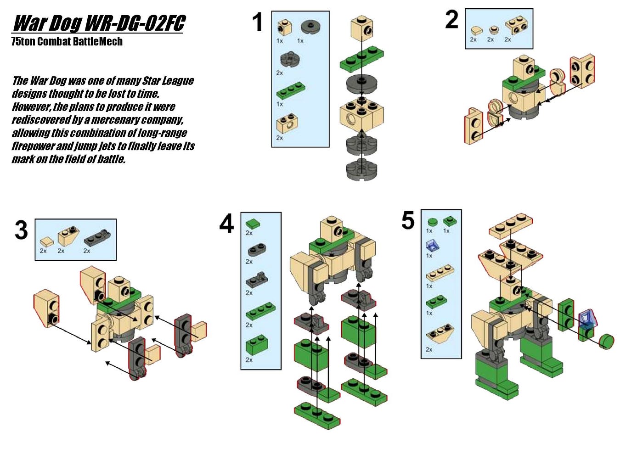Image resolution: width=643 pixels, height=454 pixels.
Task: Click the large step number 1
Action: [x=258, y=22]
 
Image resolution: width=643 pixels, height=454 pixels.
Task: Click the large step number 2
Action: [x=452, y=19]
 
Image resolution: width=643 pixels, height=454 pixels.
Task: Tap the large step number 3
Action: [x=21, y=230]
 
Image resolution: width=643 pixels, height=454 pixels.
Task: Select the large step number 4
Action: [x=226, y=223]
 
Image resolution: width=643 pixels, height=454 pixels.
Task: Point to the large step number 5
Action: [x=408, y=220]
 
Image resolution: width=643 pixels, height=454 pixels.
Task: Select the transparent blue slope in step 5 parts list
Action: [x=433, y=246]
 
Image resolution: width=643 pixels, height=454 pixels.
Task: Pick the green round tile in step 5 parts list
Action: [x=432, y=222]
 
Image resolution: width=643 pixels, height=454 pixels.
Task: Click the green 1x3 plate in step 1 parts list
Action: [x=291, y=91]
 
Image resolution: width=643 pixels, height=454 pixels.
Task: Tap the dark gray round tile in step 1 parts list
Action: [x=311, y=27]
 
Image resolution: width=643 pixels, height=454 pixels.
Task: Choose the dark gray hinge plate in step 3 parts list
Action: [x=97, y=237]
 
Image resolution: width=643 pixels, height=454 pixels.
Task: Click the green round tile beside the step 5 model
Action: [x=606, y=342]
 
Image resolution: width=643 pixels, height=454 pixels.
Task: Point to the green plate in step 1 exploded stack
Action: [x=361, y=59]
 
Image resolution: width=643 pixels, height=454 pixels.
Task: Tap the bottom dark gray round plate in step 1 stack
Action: [x=361, y=169]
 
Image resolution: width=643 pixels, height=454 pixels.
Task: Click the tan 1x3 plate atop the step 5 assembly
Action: [x=511, y=226]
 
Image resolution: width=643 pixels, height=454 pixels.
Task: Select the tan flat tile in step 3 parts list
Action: [x=46, y=241]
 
